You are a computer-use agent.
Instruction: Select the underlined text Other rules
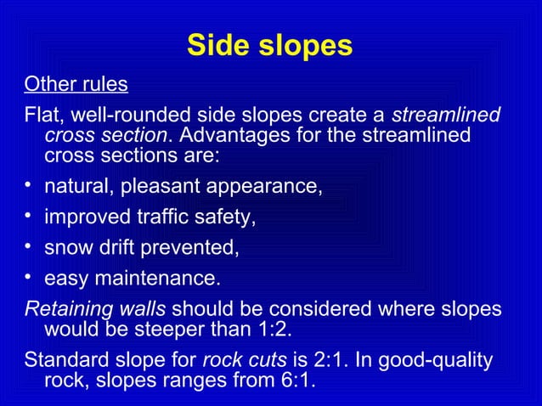tap(76, 86)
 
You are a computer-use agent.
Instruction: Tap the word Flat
tap(42, 115)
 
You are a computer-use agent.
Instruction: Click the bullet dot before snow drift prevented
tap(29, 247)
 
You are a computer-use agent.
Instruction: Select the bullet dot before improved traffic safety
tap(29, 217)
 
